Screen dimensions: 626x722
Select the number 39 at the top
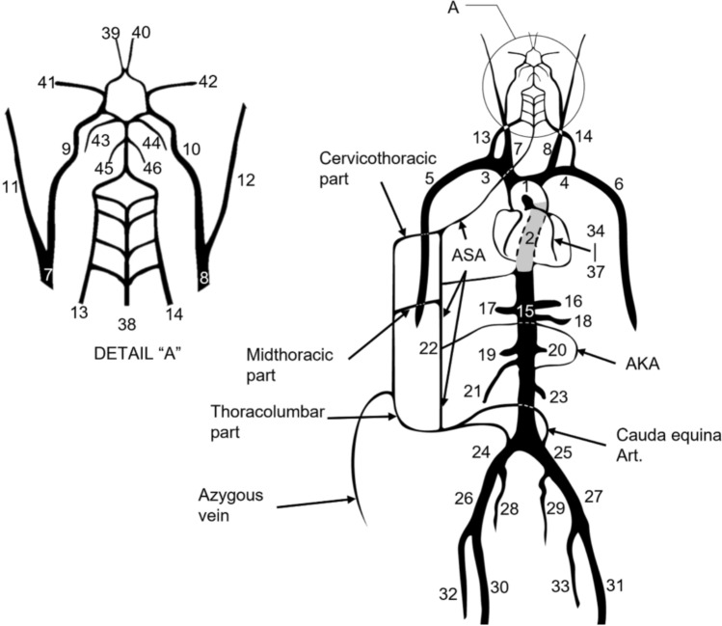click(111, 34)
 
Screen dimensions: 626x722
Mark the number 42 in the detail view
click(208, 81)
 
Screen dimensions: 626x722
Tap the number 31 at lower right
click(615, 585)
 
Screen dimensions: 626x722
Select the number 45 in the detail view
click(102, 167)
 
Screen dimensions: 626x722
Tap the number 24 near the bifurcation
click(481, 451)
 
